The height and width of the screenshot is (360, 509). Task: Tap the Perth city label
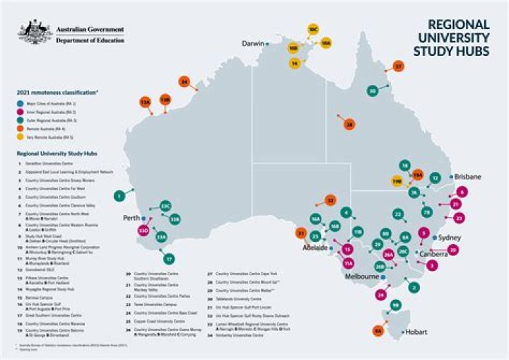pyautogui.click(x=131, y=218)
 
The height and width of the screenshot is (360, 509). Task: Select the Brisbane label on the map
pyautogui.click(x=468, y=176)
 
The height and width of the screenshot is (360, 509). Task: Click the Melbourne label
pyautogui.click(x=363, y=277)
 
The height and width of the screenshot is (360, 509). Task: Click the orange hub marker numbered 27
pyautogui.click(x=399, y=66)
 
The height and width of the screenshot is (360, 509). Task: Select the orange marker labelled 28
pyautogui.click(x=349, y=124)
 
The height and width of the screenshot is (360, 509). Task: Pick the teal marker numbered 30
pyautogui.click(x=373, y=91)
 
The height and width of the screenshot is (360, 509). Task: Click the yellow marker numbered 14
pyautogui.click(x=296, y=63)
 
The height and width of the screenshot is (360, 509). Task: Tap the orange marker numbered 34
pyautogui.click(x=184, y=82)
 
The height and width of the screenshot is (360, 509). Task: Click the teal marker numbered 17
pyautogui.click(x=169, y=259)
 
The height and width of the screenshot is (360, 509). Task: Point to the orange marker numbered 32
pyautogui.click(x=329, y=200)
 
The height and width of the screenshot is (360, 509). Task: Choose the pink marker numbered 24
pyautogui.click(x=382, y=294)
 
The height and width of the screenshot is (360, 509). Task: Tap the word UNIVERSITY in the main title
pyautogui.click(x=450, y=36)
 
